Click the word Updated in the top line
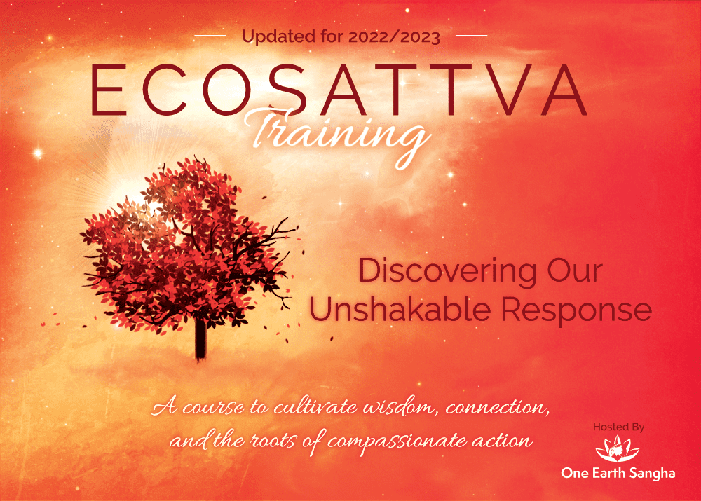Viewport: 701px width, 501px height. point(275,36)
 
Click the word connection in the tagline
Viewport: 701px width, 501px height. point(476,408)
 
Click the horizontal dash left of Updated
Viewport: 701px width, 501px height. point(210,35)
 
